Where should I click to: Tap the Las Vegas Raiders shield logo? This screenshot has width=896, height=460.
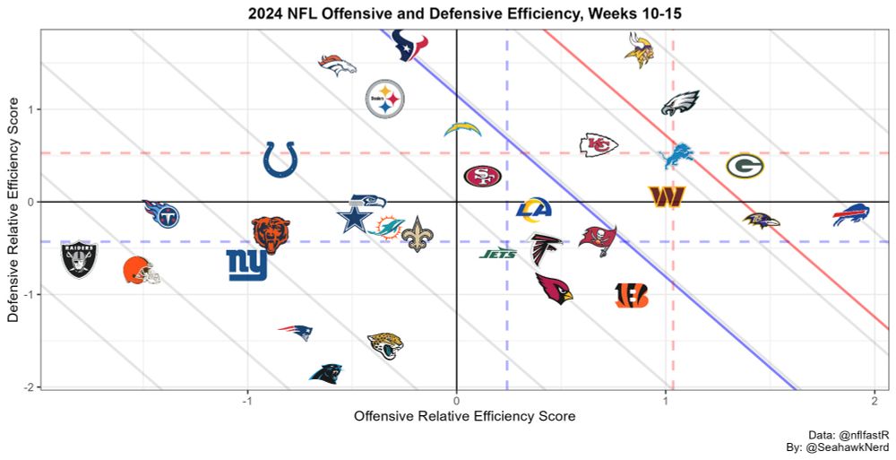(x=79, y=258)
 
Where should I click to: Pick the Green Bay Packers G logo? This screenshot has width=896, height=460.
(x=745, y=166)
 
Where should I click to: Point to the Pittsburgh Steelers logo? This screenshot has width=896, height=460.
(x=385, y=100)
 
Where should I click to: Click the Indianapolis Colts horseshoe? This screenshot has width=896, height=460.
(x=280, y=160)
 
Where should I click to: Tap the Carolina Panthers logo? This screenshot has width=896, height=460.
(x=325, y=373)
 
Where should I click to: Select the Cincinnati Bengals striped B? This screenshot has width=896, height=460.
(x=632, y=295)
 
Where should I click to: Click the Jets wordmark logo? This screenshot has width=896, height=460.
(x=498, y=254)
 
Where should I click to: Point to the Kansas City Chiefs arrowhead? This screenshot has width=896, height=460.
(x=599, y=144)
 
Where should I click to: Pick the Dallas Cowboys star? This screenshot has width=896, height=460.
(x=354, y=219)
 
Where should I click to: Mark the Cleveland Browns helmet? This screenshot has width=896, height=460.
(x=142, y=270)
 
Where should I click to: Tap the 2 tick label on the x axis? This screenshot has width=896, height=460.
(x=874, y=400)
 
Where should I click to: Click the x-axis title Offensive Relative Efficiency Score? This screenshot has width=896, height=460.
(x=464, y=417)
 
